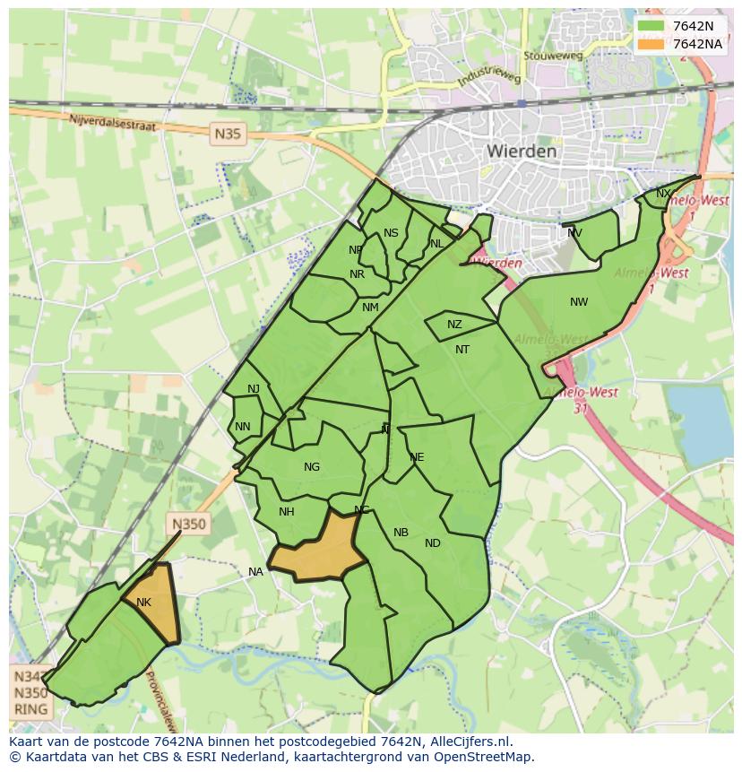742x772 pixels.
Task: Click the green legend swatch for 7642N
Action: click(651, 26)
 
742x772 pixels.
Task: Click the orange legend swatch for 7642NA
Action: click(651, 44)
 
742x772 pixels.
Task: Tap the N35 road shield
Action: click(228, 134)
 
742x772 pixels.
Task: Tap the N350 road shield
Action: click(188, 525)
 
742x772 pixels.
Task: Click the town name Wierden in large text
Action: click(522, 152)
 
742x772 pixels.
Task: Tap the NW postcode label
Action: click(579, 302)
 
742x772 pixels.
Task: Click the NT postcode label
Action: click(462, 350)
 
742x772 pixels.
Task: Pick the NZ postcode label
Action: click(454, 325)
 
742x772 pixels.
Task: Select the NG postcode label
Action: click(312, 467)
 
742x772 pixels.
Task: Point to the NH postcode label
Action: click(286, 512)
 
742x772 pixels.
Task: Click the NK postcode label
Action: click(143, 603)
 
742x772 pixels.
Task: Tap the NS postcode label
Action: click(391, 233)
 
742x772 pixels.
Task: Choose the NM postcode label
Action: click(370, 308)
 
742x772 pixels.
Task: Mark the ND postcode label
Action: click(433, 543)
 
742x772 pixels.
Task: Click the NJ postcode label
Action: click(254, 388)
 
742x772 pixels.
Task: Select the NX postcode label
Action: click(663, 194)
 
